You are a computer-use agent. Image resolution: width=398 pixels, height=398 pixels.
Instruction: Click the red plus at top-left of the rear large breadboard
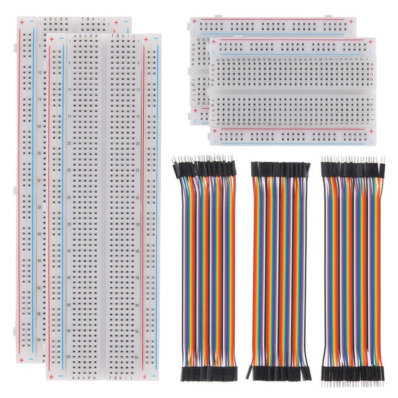pos(23,23)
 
